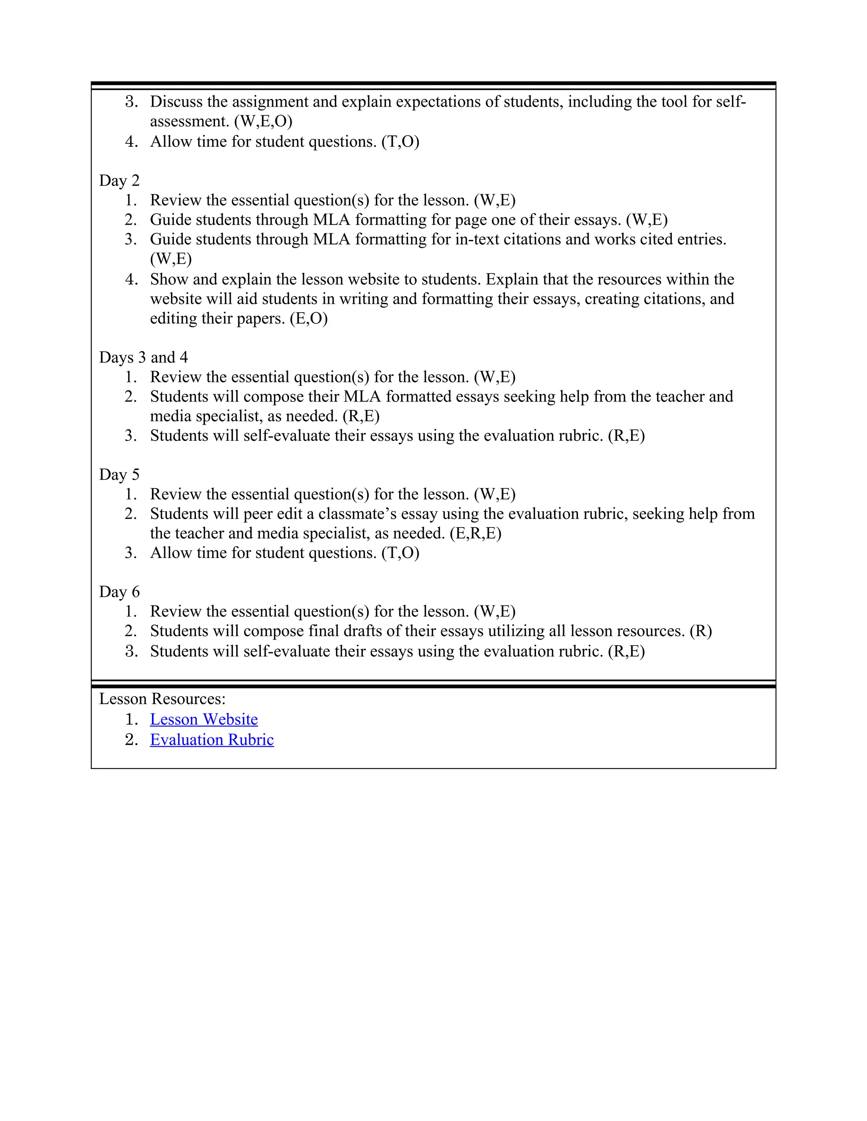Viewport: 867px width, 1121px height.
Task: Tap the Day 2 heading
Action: pos(119,181)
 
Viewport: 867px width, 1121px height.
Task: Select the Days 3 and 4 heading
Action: pos(144,357)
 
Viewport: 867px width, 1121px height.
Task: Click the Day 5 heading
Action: pos(119,474)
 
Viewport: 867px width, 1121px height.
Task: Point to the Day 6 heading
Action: pos(119,592)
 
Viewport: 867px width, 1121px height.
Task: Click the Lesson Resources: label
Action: pos(162,699)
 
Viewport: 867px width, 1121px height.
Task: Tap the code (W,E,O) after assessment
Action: pos(263,122)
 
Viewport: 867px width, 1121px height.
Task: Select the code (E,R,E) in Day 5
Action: pos(475,533)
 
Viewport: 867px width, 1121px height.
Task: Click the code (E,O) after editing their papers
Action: pos(308,319)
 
